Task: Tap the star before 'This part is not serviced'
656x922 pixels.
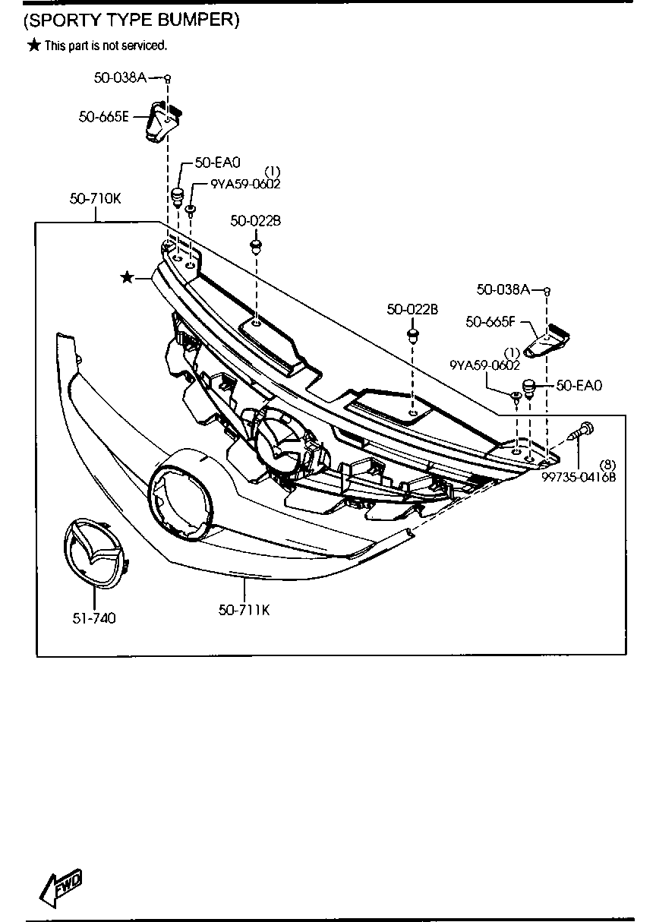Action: coord(33,46)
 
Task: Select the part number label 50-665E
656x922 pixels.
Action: coord(103,117)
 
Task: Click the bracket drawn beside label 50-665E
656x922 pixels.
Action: coord(162,121)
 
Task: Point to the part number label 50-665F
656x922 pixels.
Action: coord(490,322)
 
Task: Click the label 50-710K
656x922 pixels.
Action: coord(95,199)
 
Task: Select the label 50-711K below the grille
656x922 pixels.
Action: coord(244,609)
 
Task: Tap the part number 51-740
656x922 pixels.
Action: coord(94,618)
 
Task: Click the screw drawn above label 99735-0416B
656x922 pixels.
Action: coord(582,432)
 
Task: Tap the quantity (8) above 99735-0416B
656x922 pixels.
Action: coord(607,464)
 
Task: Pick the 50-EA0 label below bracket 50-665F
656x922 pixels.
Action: coord(579,386)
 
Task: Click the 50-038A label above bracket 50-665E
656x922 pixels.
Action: coord(120,77)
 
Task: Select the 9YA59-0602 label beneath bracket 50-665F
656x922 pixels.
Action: coord(484,365)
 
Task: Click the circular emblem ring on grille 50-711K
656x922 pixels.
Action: coord(180,495)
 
